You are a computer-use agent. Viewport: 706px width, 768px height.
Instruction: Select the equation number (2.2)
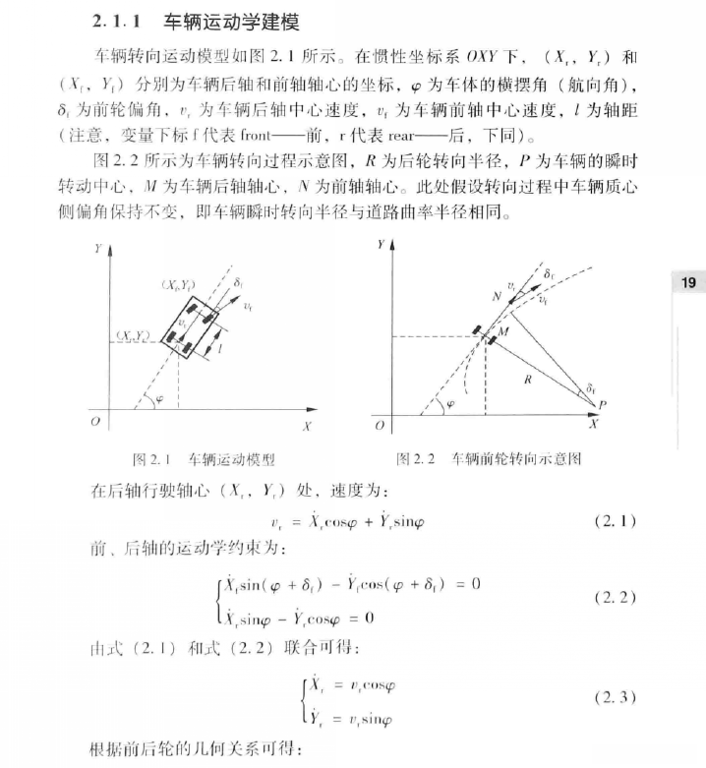(616, 597)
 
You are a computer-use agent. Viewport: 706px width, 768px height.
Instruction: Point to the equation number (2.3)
(616, 697)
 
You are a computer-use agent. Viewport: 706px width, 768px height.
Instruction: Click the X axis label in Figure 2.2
(593, 426)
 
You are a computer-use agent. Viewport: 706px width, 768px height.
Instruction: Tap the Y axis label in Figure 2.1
(97, 250)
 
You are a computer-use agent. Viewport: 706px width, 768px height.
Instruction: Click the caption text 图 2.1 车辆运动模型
(203, 459)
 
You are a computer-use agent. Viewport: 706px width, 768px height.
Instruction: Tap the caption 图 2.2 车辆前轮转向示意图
(488, 459)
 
